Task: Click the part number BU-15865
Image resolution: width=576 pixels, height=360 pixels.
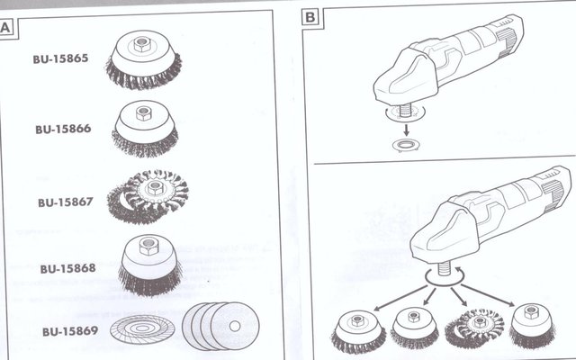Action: tap(60, 58)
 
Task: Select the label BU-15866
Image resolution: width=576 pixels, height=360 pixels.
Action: tap(63, 129)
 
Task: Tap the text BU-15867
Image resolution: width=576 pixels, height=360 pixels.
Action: tap(66, 202)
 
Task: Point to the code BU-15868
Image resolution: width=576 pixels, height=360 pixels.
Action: tap(68, 268)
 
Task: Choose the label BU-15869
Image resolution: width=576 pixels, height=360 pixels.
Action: tap(70, 331)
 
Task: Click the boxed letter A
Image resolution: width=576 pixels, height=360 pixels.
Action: tap(6, 28)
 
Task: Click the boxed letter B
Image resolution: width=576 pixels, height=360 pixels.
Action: tap(310, 17)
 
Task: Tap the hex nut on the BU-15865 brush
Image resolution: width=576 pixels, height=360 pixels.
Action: tap(141, 44)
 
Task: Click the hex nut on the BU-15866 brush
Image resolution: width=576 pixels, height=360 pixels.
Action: tap(144, 113)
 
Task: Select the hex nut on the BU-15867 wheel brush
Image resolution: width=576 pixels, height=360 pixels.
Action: tap(154, 188)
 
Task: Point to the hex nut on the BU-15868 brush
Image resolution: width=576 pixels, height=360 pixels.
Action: tap(148, 246)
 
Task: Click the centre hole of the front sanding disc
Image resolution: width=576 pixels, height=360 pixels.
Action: tap(235, 326)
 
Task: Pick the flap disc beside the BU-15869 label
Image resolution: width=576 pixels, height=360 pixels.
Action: tap(142, 328)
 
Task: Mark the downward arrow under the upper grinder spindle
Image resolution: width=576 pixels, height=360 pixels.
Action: tap(406, 130)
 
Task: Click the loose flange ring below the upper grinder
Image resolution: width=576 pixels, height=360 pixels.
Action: tap(406, 145)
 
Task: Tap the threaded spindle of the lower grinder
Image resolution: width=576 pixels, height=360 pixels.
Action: tap(445, 268)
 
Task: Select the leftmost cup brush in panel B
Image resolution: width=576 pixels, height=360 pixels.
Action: tap(358, 331)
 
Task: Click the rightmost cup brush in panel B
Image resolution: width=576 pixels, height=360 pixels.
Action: tap(532, 326)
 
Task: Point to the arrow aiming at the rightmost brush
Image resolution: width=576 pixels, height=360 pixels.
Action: tap(488, 294)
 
